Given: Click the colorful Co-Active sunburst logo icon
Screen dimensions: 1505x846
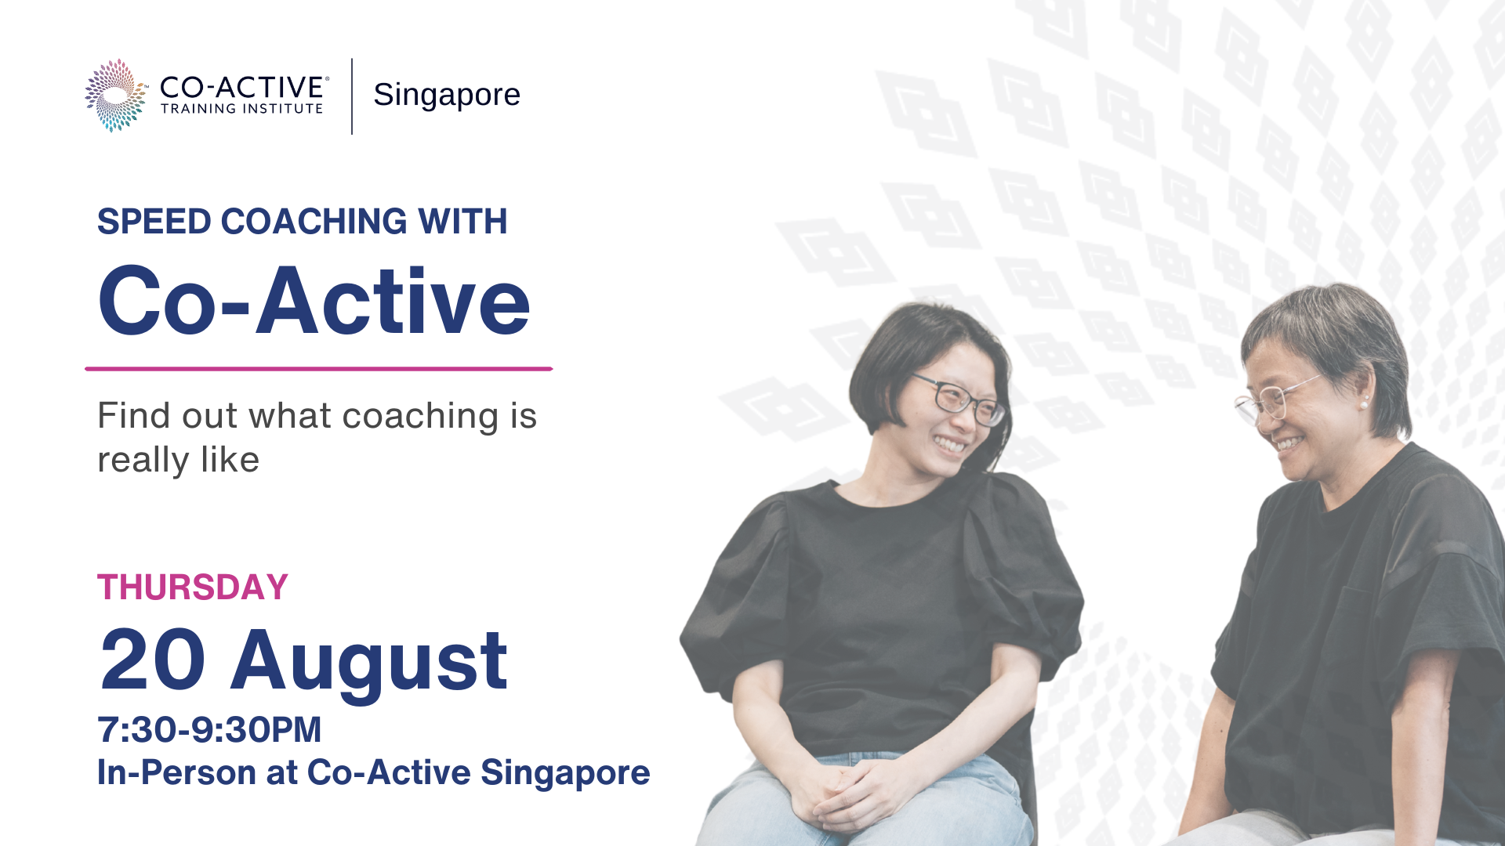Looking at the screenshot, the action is point(115,95).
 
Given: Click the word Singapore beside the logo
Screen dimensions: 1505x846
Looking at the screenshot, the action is point(447,95).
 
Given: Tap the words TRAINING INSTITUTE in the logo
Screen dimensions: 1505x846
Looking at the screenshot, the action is point(242,109).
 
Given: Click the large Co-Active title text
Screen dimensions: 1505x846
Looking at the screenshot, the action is point(314,302).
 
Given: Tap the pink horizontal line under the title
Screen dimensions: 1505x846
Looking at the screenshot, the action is point(319,368).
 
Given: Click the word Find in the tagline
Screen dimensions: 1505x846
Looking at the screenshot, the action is point(133,416).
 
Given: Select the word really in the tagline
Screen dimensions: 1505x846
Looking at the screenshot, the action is point(143,461).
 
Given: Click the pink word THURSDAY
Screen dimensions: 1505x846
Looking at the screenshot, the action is point(193,587).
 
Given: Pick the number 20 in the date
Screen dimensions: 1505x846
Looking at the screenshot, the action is point(153,660).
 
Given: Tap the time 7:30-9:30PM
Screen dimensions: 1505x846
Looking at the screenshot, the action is point(209,730).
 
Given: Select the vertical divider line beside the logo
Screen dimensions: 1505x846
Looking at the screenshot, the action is point(352,96).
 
